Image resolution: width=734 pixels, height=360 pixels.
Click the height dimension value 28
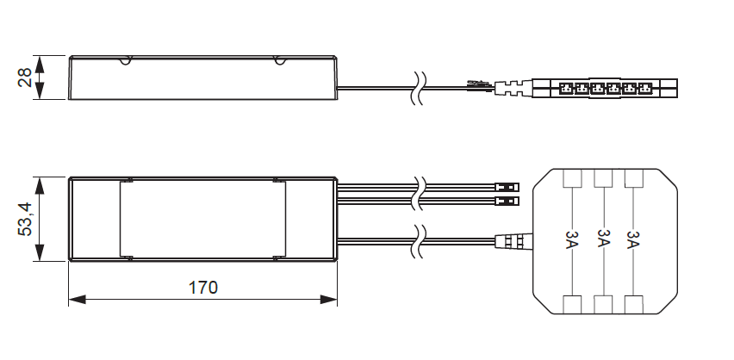point(25,78)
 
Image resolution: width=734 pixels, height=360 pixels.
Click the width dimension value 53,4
point(25,219)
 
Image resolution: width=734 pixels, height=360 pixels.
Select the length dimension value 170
point(202,287)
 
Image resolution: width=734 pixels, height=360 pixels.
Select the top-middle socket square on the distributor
point(602,178)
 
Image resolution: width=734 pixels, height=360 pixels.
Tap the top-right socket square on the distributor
point(633,178)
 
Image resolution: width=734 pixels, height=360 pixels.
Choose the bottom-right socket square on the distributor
point(633,303)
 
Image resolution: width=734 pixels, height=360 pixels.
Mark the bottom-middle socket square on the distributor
point(602,303)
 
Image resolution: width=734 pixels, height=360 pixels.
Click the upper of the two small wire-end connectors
point(508,186)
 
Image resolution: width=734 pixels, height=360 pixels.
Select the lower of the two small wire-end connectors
point(508,202)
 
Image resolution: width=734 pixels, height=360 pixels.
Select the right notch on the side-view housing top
point(279,60)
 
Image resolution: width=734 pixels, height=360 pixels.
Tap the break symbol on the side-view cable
point(417,86)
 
